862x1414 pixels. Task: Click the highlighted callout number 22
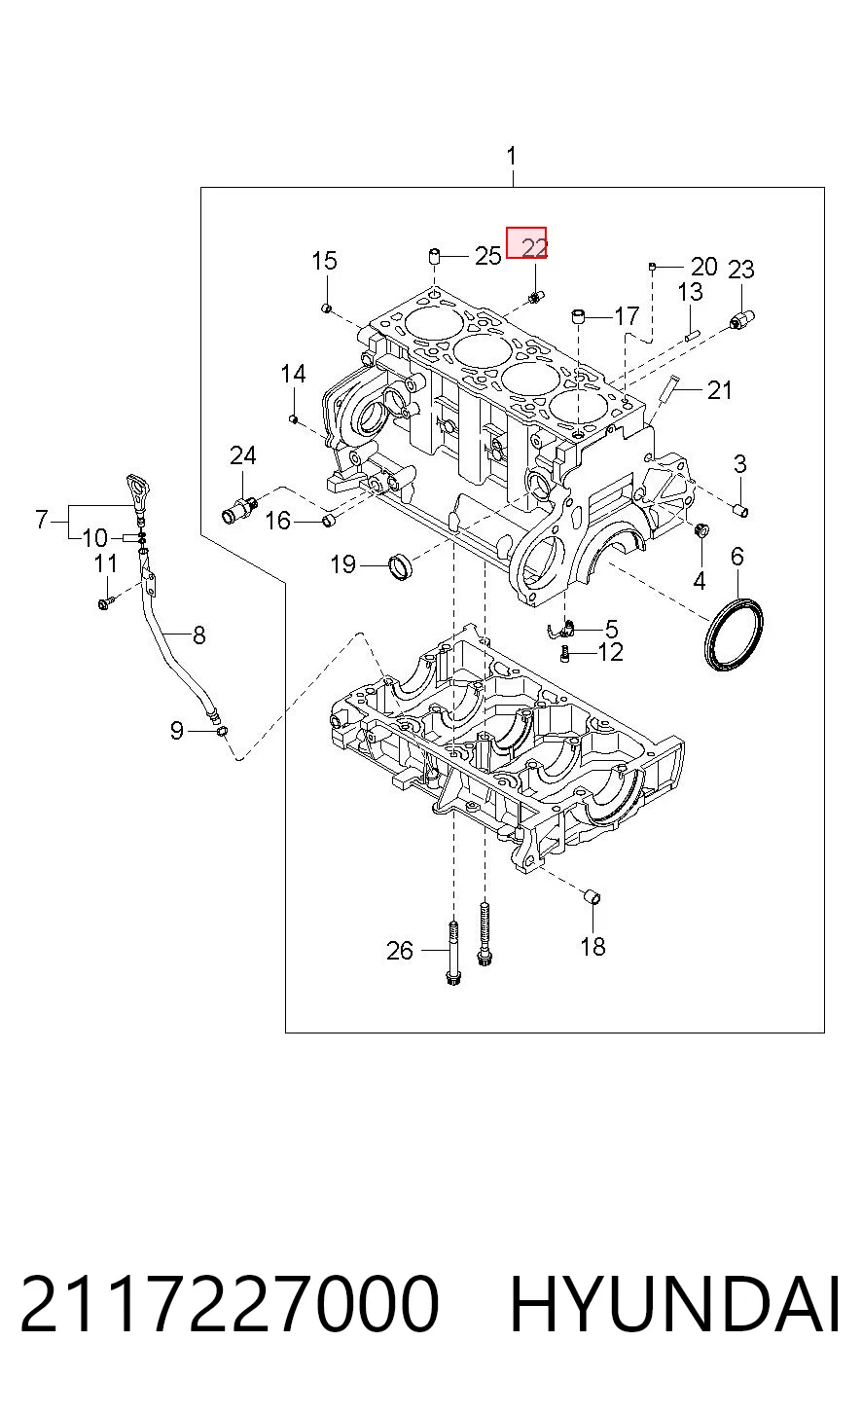click(534, 247)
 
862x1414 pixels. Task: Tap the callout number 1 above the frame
click(512, 157)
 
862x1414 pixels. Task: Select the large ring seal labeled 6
click(734, 633)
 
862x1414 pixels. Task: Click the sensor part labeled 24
click(239, 509)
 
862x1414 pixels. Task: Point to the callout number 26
click(400, 950)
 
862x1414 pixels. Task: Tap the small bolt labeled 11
click(106, 602)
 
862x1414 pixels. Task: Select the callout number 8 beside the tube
click(199, 634)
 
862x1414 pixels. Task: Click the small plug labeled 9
click(222, 731)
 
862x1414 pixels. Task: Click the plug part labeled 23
click(742, 319)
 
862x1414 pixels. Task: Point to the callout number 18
click(593, 946)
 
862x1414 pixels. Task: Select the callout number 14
click(293, 374)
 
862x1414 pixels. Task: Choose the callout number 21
click(720, 390)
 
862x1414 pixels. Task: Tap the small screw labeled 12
click(565, 655)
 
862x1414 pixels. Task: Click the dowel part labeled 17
click(578, 315)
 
